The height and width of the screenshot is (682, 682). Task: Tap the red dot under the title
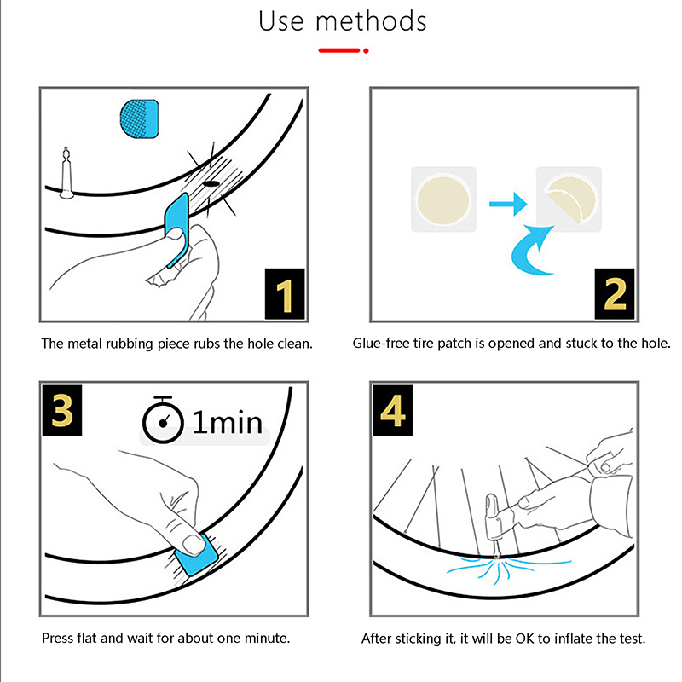coord(366,51)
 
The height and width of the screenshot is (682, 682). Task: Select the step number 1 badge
coord(285,294)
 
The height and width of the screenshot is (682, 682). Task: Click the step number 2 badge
coord(615,294)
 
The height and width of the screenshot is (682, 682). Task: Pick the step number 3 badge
coord(62,410)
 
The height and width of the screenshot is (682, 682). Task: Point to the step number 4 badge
coord(393,410)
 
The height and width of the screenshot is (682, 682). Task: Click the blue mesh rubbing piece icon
coord(139,118)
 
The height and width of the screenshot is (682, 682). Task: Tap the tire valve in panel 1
coord(66,173)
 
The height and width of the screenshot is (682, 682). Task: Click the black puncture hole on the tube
coord(211,183)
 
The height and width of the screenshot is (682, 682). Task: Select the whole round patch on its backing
coord(443,200)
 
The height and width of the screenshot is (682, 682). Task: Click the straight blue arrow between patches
coord(508,204)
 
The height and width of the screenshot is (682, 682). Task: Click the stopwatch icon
coord(163,419)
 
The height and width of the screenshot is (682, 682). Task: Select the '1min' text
coord(227,422)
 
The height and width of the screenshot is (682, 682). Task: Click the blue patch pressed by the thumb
coord(196,555)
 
